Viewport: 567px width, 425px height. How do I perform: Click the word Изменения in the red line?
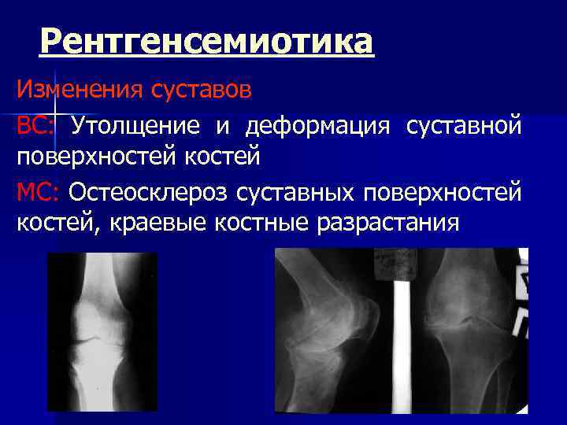coord(74,90)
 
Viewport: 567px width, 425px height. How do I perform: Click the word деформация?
coord(320,124)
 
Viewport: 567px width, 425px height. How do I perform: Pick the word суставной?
coord(463,124)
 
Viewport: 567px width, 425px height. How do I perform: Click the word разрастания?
coord(387,223)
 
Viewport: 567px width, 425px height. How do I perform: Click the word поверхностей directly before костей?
coord(94,157)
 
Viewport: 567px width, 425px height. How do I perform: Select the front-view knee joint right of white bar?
coord(465,327)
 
